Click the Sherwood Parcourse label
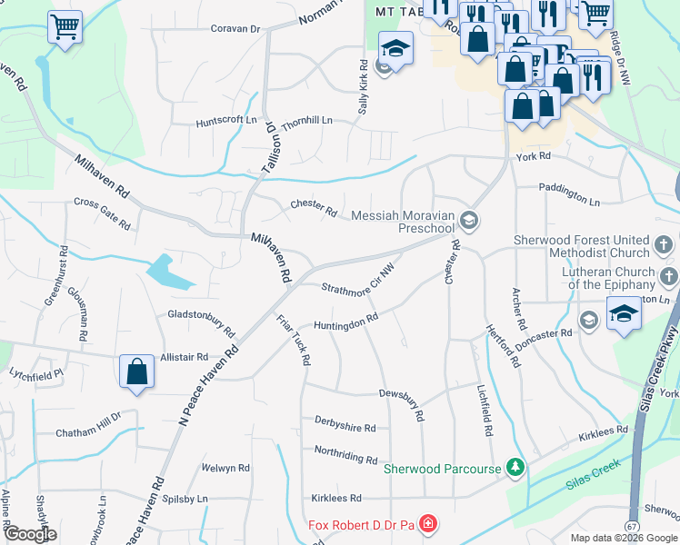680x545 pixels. [443, 469]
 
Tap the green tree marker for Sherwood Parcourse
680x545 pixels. [515, 468]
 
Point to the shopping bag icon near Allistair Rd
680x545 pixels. [136, 372]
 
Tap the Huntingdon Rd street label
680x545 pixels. [345, 322]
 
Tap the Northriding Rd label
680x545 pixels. [345, 454]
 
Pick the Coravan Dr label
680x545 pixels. [235, 29]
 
